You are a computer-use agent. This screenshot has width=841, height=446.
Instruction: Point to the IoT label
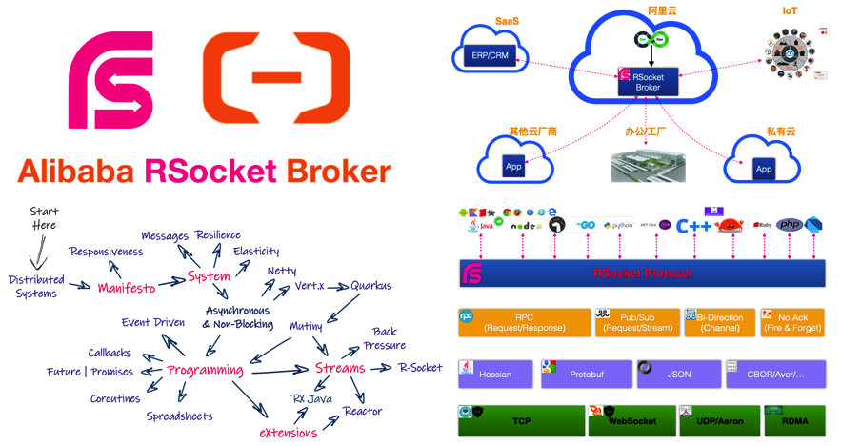tap(790, 11)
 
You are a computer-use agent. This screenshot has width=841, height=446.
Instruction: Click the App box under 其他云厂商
tap(513, 166)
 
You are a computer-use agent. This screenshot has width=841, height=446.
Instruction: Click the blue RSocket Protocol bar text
tap(642, 274)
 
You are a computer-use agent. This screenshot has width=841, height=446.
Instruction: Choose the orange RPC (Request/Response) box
tap(525, 323)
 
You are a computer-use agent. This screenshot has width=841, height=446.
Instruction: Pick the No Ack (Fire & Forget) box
tap(791, 323)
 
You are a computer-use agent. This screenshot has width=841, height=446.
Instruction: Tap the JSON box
tap(678, 374)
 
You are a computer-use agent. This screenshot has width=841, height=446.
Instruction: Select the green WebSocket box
tap(630, 420)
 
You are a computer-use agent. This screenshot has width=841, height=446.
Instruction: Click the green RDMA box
tap(793, 420)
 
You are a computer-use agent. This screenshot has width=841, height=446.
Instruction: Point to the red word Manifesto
tap(127, 287)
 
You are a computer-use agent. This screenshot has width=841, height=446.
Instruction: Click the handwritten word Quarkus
tap(370, 285)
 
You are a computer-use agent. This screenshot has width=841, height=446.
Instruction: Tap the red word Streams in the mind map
tap(340, 369)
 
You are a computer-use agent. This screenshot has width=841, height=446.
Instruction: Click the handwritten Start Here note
tap(44, 218)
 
